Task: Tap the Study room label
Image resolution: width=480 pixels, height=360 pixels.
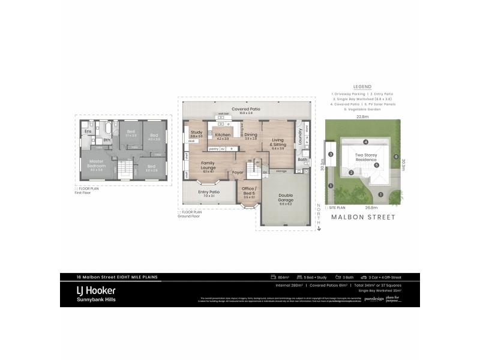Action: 196,133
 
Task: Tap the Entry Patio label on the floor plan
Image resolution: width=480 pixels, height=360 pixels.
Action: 209,193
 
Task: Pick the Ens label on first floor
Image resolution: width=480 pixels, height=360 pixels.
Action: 88,131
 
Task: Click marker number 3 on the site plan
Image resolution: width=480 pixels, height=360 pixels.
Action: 331,154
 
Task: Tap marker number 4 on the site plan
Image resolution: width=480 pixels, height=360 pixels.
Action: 365,142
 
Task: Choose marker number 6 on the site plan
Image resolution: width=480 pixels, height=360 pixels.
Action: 396,157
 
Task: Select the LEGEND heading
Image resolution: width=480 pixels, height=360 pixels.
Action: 362,86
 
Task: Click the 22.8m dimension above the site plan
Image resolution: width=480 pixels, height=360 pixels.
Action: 362,117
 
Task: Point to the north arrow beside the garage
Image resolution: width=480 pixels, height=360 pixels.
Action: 319,219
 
